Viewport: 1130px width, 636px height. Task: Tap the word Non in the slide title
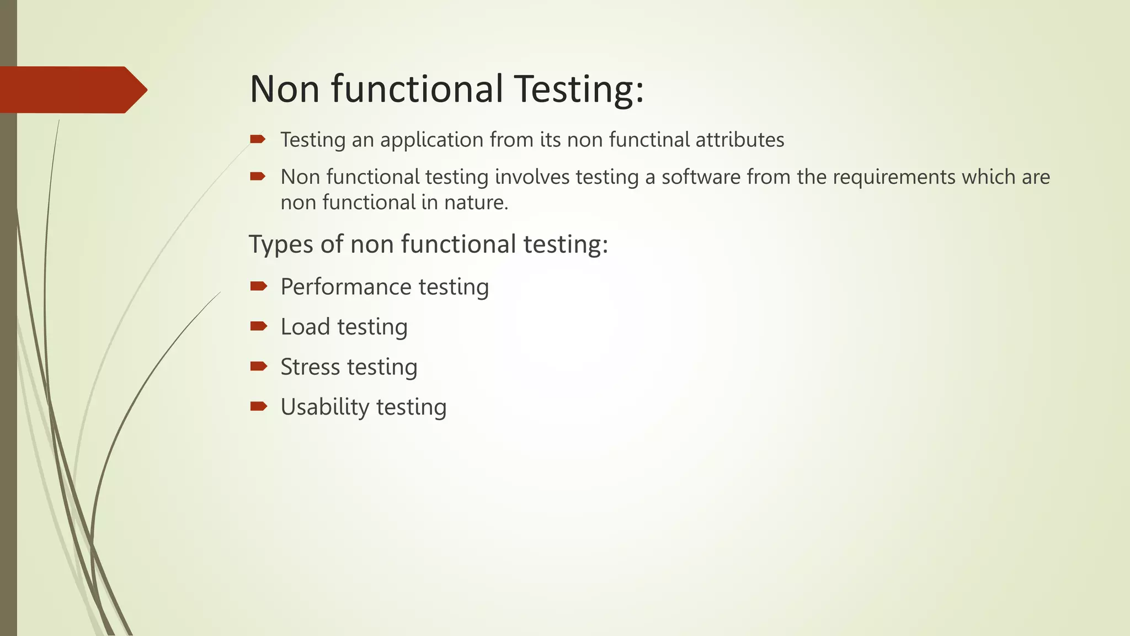point(285,89)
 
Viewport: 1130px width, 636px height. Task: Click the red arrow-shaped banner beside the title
point(72,89)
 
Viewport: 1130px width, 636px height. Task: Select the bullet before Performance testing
point(258,286)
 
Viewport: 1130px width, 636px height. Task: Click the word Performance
point(346,287)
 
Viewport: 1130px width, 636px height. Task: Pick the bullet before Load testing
point(258,326)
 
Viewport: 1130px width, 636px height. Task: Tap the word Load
point(305,327)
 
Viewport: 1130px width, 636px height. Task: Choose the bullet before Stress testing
point(258,366)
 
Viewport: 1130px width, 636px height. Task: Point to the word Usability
point(325,407)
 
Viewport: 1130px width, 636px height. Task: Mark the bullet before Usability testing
point(258,406)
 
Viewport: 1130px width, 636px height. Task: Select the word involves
point(532,177)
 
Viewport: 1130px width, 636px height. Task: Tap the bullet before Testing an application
point(258,139)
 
